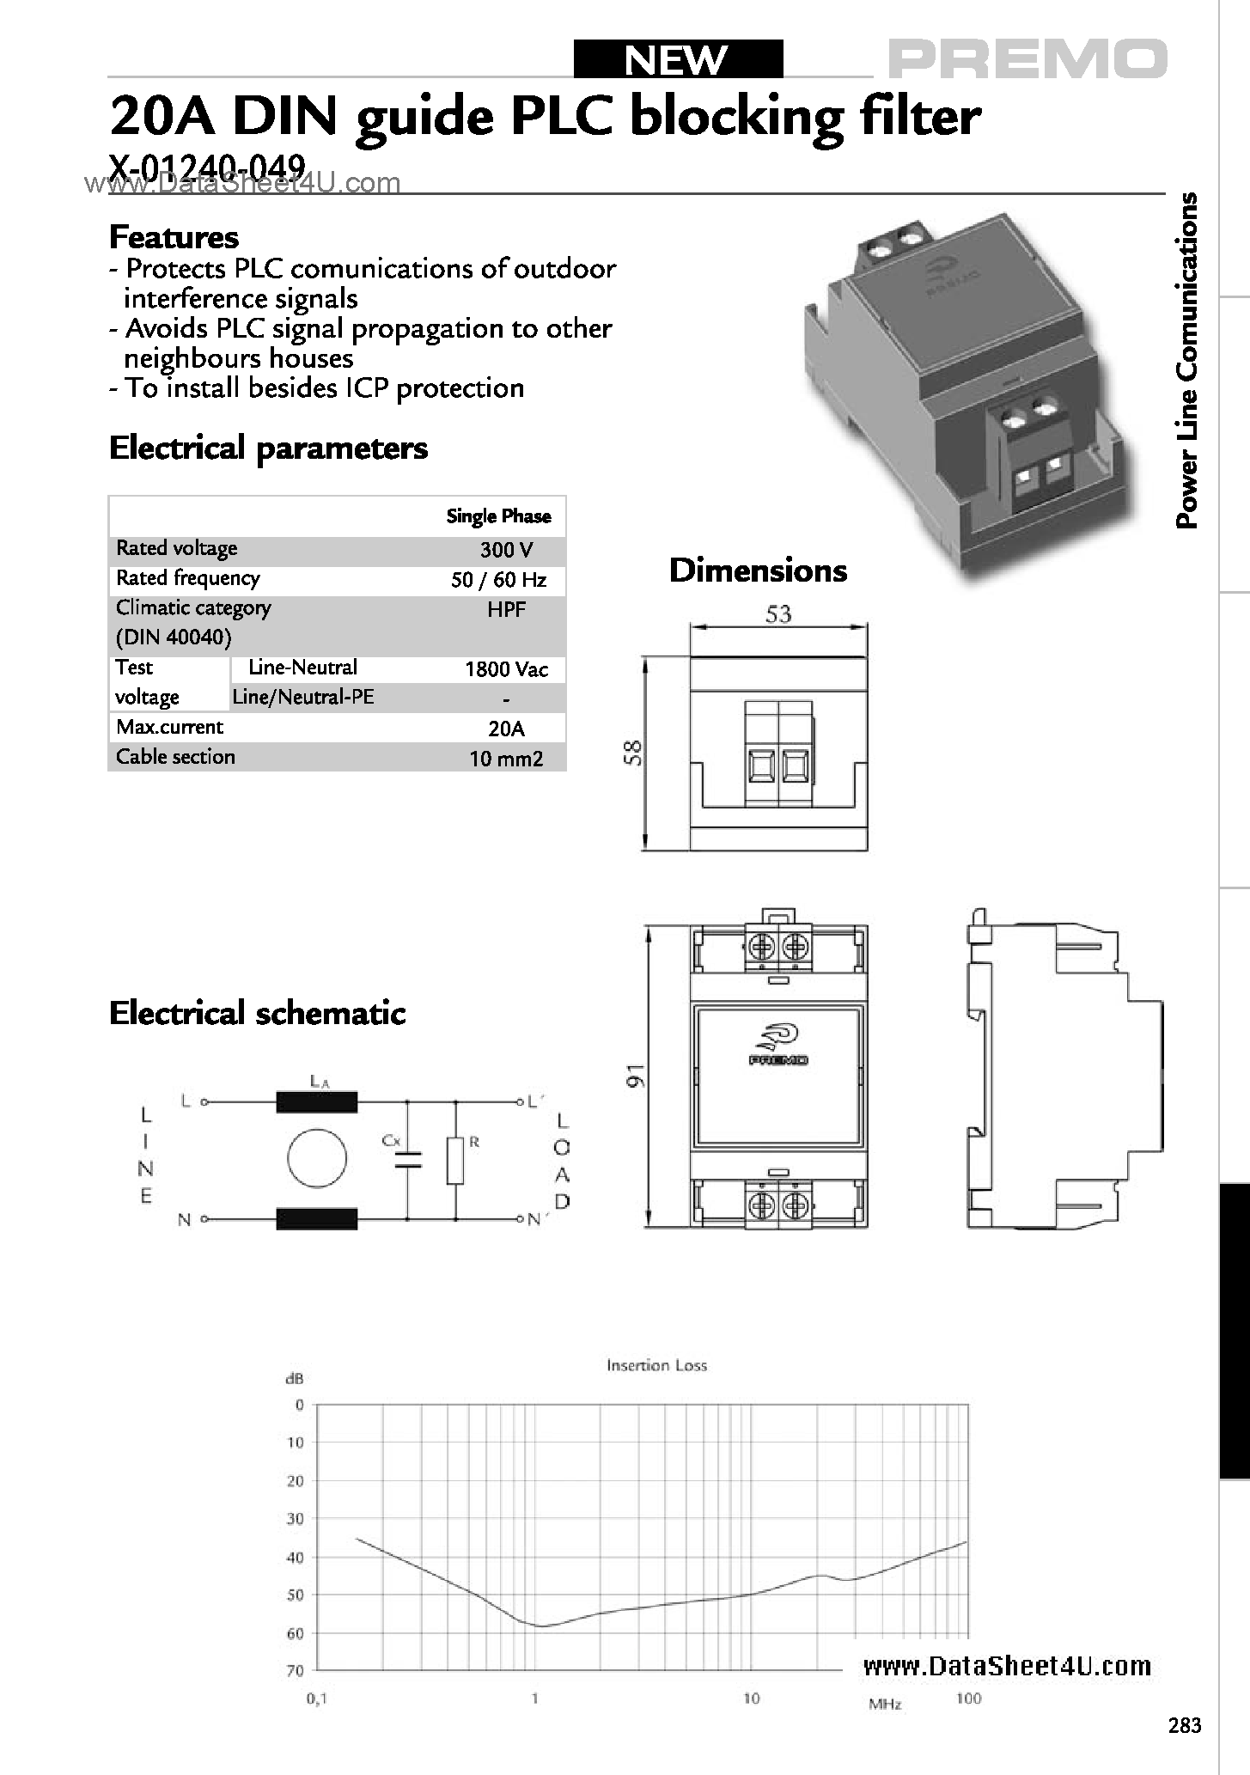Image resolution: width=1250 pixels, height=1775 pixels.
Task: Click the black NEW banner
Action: coord(678,59)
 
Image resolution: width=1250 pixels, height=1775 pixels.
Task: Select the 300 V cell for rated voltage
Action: coord(506,550)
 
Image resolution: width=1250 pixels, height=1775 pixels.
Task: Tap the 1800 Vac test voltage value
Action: coord(506,669)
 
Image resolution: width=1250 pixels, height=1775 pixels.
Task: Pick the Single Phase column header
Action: coord(498,516)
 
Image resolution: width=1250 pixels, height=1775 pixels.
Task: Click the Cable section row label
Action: coord(175,757)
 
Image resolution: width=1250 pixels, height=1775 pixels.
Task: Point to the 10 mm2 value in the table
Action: coord(506,759)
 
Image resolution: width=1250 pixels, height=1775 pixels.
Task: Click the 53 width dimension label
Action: coord(777,614)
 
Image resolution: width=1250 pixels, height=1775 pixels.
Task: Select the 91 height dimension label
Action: coord(635,1076)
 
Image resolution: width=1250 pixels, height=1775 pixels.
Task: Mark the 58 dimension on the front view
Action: coord(633,753)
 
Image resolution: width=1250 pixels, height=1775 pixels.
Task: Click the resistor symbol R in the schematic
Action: coord(456,1161)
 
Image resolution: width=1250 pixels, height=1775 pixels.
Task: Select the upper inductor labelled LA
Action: coord(316,1101)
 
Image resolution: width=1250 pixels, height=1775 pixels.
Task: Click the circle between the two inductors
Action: coord(317,1157)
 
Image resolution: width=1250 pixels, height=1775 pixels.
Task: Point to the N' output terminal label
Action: coord(534,1220)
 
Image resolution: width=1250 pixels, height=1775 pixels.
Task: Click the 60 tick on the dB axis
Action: coord(295,1632)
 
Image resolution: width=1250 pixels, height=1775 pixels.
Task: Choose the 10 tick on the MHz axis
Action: coord(752,1698)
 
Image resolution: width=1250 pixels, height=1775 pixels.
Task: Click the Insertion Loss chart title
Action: coord(656,1365)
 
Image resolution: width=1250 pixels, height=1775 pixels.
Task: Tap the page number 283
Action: coord(1185,1725)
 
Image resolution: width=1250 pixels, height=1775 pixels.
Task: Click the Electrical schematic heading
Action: coord(257,1013)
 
